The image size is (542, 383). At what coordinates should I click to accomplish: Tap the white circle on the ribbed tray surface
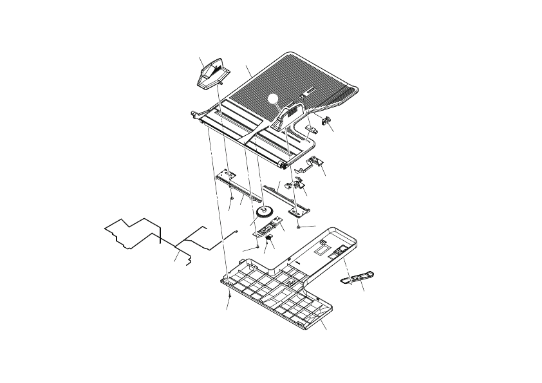tap(276, 99)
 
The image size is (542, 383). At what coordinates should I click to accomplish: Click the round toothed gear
tap(263, 212)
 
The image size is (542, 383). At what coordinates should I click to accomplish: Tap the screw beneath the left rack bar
tap(231, 199)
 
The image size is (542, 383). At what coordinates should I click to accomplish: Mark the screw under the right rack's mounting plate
tap(300, 227)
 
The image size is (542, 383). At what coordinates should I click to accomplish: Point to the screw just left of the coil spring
tap(257, 245)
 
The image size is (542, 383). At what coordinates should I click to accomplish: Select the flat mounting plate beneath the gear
tap(268, 227)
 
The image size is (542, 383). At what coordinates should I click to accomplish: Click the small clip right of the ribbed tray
tap(326, 120)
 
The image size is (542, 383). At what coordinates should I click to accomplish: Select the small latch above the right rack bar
tap(298, 184)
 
